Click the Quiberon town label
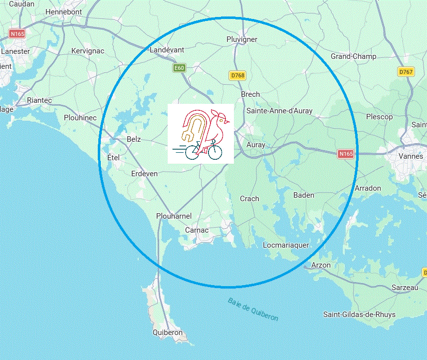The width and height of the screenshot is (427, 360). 168,333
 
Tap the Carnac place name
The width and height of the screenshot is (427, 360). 197,230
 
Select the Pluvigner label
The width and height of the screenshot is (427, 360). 242,39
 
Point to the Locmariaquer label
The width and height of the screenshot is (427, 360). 286,245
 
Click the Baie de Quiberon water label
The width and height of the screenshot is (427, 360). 253,309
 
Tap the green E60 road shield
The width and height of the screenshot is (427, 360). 180,68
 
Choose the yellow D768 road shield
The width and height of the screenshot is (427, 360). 237,75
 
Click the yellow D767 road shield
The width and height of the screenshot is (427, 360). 406,72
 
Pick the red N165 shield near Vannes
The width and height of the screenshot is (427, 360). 346,154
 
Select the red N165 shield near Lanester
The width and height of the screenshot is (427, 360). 16,34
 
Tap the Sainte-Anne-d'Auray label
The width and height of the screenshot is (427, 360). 279,111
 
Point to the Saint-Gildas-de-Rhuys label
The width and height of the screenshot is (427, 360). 359,315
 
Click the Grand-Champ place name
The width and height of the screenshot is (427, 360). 353,56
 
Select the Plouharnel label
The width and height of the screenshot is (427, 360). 174,216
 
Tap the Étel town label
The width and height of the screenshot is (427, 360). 114,157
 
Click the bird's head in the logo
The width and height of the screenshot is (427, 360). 222,120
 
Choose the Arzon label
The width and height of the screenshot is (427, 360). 320,265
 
